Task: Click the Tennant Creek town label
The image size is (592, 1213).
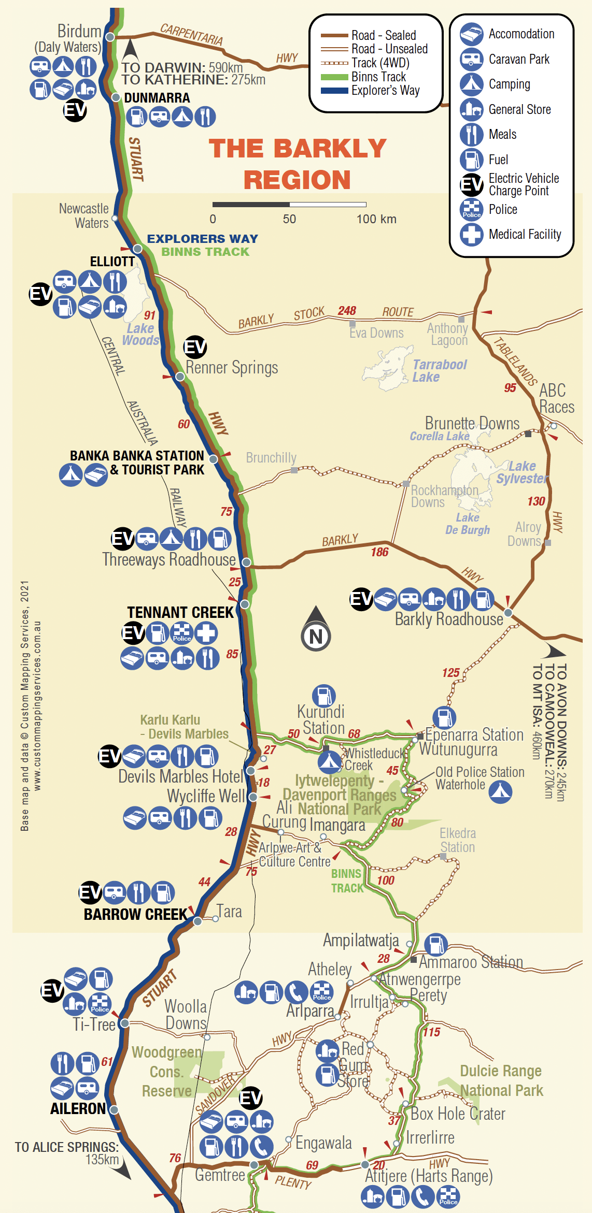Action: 180,612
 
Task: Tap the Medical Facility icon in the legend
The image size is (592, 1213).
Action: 471,235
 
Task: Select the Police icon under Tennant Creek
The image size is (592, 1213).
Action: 182,633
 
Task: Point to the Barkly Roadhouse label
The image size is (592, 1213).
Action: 449,619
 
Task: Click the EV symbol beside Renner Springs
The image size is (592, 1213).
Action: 195,347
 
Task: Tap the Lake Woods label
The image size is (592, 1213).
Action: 140,335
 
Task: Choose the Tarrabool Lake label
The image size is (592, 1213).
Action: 439,371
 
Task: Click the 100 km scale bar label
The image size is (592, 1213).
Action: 376,219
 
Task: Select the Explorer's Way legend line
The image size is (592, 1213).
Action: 334,91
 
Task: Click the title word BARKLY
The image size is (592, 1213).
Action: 298,149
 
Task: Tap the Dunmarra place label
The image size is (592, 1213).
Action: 157,98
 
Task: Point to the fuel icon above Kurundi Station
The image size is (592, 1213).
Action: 324,696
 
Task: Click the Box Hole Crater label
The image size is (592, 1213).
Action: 458,1114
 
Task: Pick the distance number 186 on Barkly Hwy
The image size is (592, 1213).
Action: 379,552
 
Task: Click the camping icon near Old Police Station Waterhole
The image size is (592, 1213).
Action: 500,792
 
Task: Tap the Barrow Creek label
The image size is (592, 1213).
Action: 135,914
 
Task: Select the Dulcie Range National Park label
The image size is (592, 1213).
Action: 501,1080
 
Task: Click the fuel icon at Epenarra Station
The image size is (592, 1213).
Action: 444,718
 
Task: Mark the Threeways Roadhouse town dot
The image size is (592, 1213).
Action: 247,562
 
